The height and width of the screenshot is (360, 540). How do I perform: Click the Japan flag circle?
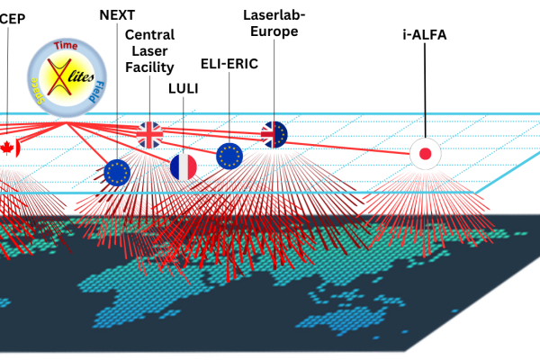425,153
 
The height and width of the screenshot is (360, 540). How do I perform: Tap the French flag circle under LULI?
184,166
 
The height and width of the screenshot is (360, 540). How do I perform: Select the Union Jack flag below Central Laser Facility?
150,134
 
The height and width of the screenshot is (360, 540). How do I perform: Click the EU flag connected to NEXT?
117,171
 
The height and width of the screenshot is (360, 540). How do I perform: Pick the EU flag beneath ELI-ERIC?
229,157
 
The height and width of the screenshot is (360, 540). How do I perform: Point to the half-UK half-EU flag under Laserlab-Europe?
274,134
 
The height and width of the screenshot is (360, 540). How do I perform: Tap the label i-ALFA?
425,36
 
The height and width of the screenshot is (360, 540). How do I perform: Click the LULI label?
184,90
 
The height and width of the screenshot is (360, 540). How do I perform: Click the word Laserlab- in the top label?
274,14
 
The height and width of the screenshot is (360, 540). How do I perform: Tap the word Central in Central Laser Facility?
150,34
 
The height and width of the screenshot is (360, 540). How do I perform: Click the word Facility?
150,67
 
